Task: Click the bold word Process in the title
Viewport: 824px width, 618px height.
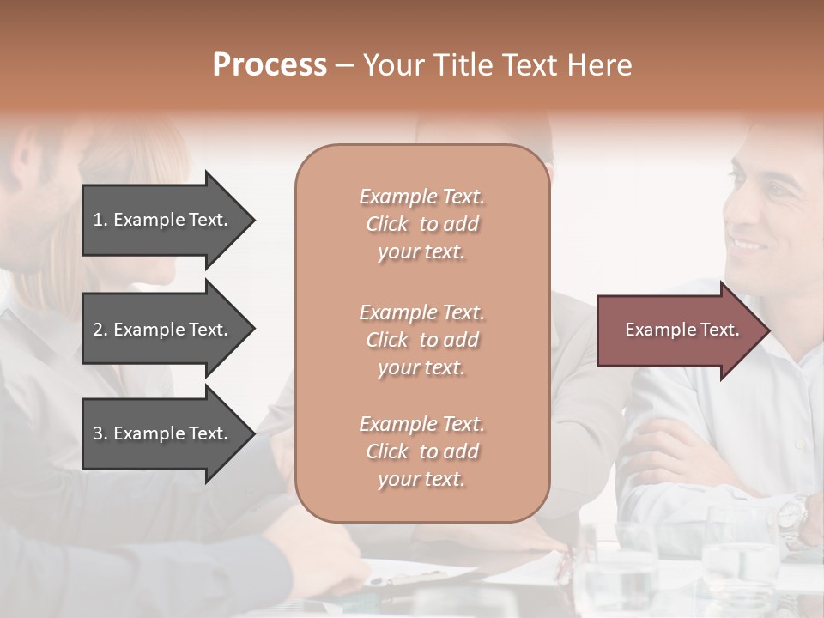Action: (270, 65)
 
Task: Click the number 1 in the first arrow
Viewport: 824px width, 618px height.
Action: (97, 220)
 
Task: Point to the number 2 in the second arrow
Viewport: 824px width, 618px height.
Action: (98, 330)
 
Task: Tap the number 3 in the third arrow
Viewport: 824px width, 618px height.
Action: (98, 433)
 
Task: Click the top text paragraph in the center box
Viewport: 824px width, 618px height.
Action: (421, 224)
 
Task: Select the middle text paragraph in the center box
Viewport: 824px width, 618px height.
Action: (421, 340)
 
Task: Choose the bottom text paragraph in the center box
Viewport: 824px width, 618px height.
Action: (421, 451)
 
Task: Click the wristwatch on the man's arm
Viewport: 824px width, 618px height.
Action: (791, 516)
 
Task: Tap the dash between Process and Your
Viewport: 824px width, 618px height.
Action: (344, 66)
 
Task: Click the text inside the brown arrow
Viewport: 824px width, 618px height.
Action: (682, 330)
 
